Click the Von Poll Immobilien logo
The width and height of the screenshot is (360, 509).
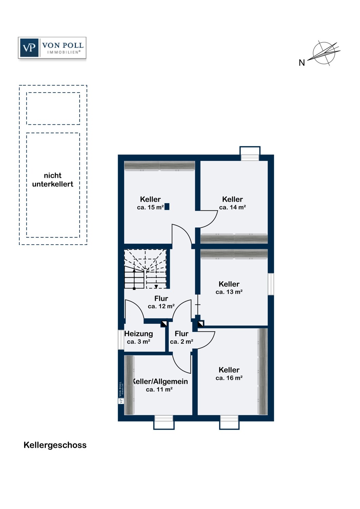click(x=52, y=48)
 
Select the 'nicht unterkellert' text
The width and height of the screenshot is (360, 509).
click(x=53, y=180)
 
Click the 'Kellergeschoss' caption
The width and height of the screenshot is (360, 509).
click(x=55, y=445)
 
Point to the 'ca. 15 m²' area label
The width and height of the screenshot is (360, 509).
click(x=150, y=207)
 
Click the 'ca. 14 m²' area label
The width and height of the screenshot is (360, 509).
click(x=232, y=207)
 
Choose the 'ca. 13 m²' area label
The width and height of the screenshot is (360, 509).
click(x=229, y=292)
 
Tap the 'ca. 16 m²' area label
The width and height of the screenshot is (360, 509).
click(x=229, y=378)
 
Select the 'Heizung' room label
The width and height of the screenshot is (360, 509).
click(x=139, y=334)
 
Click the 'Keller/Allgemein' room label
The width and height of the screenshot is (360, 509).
click(x=160, y=381)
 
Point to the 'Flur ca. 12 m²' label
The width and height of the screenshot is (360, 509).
click(x=161, y=302)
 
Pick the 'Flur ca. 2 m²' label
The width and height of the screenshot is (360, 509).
click(x=182, y=338)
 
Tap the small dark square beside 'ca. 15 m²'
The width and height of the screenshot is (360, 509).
click(x=167, y=206)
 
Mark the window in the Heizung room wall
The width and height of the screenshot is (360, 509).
click(x=121, y=339)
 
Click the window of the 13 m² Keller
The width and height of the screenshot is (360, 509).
click(x=271, y=284)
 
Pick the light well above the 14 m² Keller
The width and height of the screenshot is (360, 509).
click(x=250, y=153)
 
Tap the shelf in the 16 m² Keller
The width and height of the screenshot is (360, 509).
click(x=263, y=372)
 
